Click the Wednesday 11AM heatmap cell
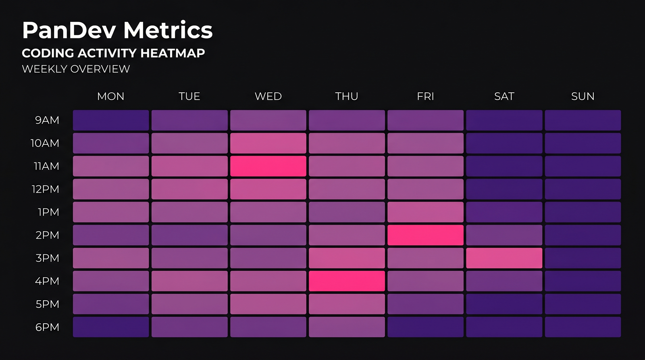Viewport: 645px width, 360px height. tap(268, 166)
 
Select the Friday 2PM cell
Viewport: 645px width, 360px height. tap(425, 235)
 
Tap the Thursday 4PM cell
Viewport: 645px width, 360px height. tap(347, 281)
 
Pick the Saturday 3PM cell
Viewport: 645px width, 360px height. tap(504, 258)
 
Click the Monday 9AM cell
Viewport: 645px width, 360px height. tap(111, 120)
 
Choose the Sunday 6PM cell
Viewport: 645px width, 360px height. tap(583, 327)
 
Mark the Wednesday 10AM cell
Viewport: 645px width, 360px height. tap(268, 143)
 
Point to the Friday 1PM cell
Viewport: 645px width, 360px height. tap(425, 212)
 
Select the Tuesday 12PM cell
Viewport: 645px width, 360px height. tap(189, 189)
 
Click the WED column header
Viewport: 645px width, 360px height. tap(268, 96)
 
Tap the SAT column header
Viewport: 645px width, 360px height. tap(504, 96)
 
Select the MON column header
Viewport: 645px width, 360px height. tap(111, 96)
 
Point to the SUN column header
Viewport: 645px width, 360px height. tap(583, 96)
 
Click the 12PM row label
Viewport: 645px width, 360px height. tap(46, 189)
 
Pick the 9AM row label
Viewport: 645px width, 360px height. tap(47, 120)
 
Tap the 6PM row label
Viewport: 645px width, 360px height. tap(47, 327)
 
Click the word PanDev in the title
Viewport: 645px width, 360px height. tap(69, 30)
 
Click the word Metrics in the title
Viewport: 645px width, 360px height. tap(168, 30)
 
